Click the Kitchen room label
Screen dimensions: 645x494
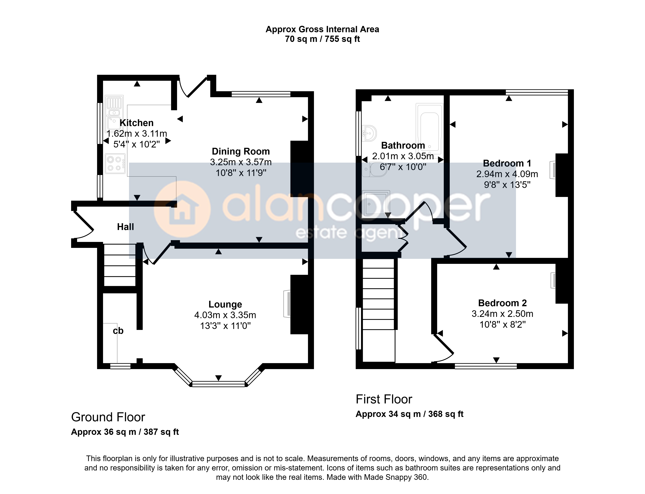(136, 123)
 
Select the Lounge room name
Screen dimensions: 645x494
(225, 304)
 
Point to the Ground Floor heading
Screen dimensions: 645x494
(108, 417)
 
